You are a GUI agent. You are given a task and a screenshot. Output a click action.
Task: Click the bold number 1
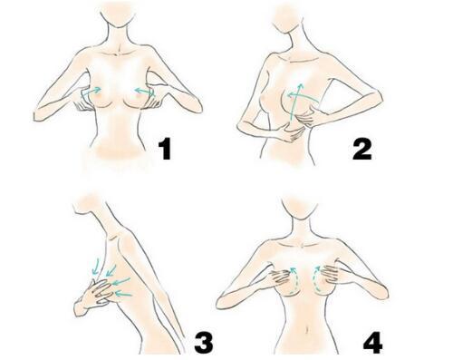(165, 149)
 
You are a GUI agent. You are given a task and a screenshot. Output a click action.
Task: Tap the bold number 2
(362, 149)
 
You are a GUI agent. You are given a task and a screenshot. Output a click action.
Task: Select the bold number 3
(204, 342)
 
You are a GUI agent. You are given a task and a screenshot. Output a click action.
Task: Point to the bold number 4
(372, 343)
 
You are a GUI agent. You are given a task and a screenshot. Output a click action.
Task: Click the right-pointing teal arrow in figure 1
(91, 92)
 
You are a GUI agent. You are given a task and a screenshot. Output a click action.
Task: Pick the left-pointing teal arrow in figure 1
(144, 92)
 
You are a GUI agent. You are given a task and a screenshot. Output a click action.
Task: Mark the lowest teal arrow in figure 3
(124, 294)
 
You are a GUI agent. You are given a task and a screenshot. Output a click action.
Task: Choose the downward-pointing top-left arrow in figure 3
(97, 266)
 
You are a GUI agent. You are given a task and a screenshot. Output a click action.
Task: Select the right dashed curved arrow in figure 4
(315, 279)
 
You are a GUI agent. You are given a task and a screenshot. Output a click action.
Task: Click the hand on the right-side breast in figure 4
(329, 276)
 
